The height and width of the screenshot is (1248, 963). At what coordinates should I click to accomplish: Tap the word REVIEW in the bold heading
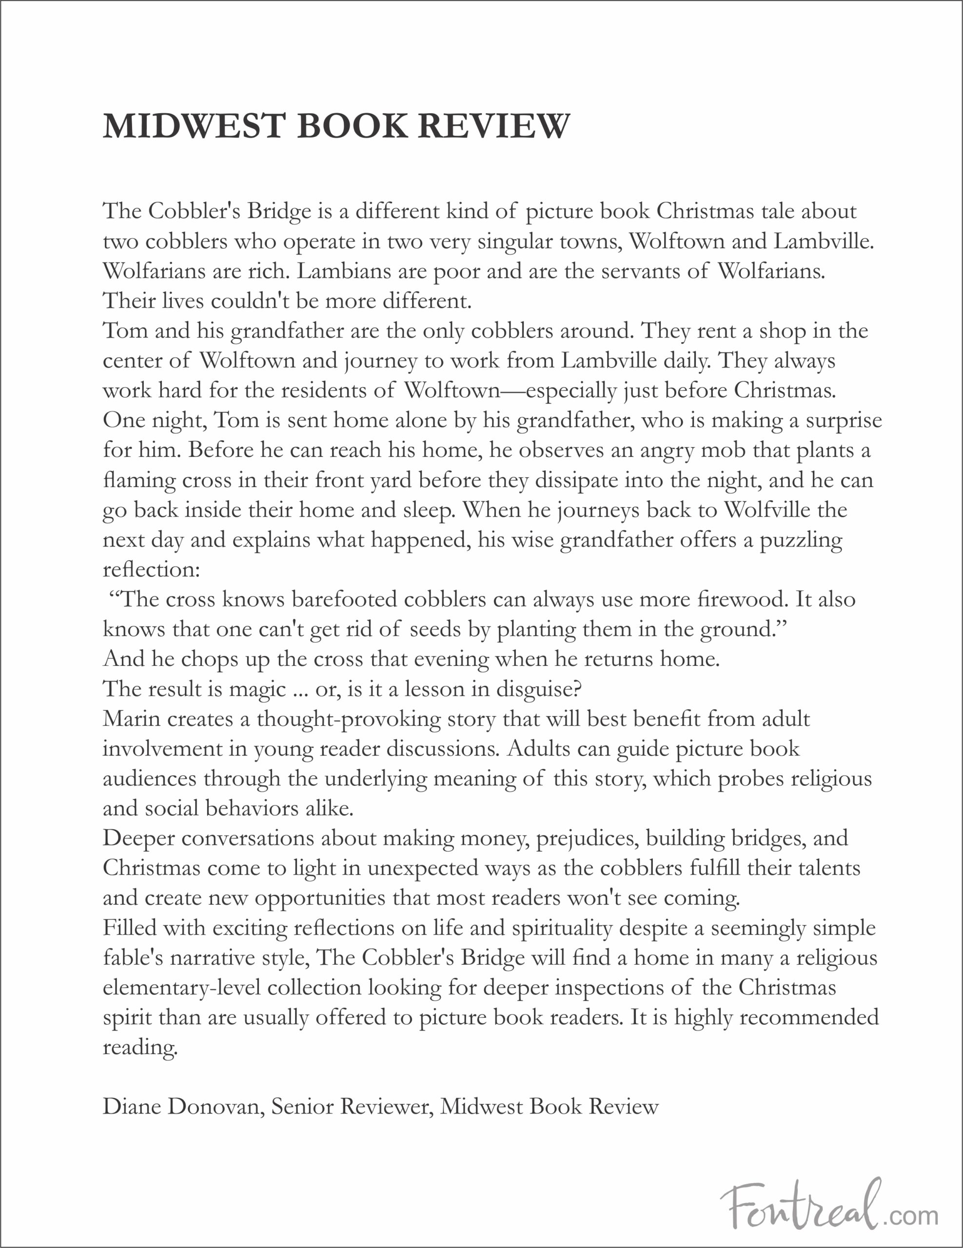tap(494, 126)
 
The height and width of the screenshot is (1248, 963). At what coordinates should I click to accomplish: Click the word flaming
tap(139, 481)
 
